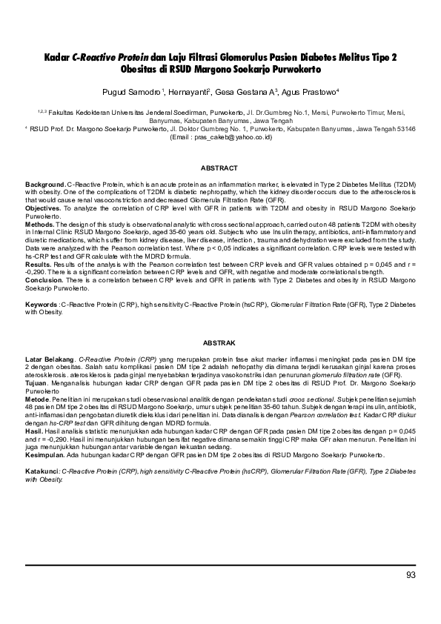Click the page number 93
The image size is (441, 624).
(x=411, y=576)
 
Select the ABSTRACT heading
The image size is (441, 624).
(x=219, y=168)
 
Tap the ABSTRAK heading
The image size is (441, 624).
(x=219, y=342)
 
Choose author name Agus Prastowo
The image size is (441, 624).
(x=309, y=92)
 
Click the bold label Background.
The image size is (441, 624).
(x=45, y=182)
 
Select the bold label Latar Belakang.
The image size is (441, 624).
(x=50, y=358)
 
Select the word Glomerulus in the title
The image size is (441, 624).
(x=248, y=57)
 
